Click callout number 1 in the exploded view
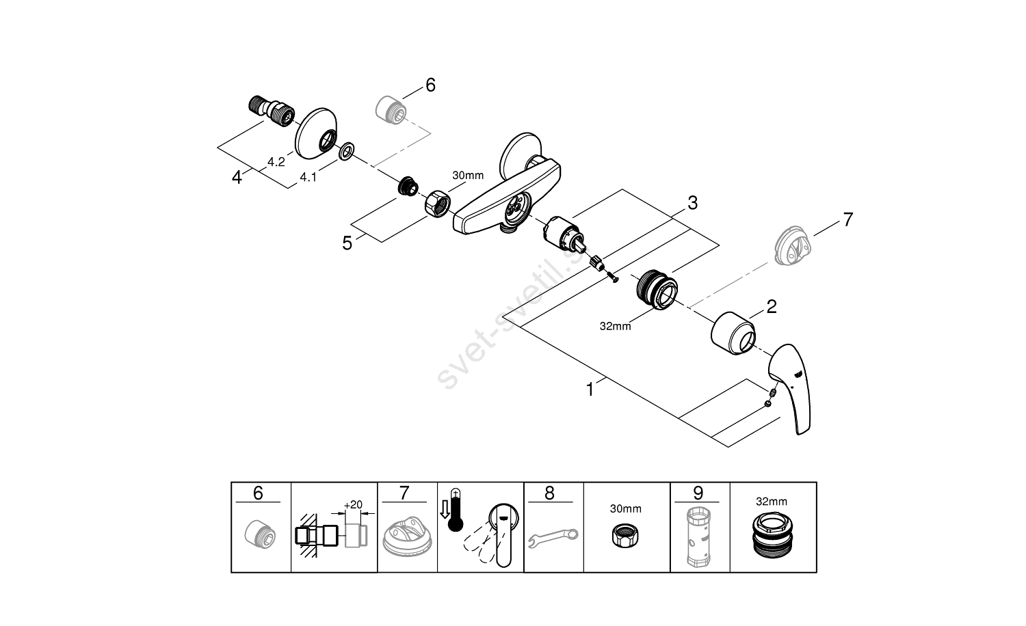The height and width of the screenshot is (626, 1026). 590,390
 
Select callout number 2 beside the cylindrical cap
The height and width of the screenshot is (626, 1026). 772,306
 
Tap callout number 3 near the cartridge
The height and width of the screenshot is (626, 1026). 692,203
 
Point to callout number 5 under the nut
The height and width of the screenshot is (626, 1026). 347,243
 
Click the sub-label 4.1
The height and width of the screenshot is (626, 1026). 308,177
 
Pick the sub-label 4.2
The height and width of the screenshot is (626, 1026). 276,162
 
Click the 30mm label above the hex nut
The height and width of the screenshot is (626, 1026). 467,176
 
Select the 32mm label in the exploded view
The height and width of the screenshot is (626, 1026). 615,326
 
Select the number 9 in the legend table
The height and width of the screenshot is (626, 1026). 698,493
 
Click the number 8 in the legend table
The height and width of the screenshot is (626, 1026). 550,493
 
